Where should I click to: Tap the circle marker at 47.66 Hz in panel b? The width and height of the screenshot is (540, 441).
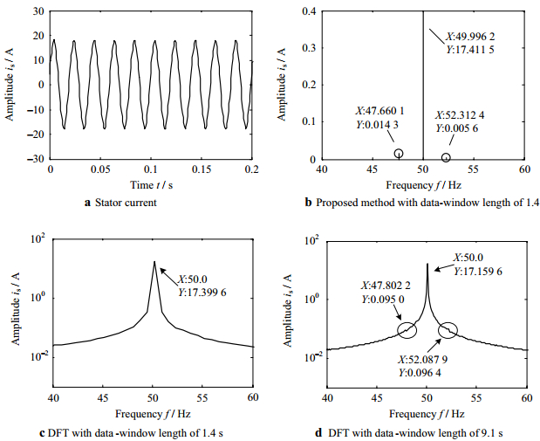(x=399, y=154)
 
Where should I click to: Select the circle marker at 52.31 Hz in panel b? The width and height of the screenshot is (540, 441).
(x=446, y=158)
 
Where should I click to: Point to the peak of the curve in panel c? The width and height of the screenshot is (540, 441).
(x=154, y=261)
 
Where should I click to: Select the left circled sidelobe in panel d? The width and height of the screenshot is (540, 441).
(x=407, y=329)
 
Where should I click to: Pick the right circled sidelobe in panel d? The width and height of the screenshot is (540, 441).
(x=448, y=329)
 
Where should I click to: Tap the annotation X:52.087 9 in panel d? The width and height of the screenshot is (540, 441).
(x=425, y=359)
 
